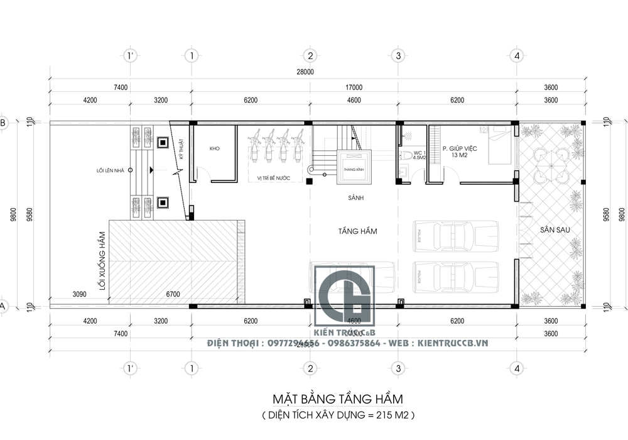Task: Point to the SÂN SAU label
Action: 555,231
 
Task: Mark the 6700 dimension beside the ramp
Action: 173,294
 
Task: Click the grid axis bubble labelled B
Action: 3,123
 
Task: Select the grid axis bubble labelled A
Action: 3,306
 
